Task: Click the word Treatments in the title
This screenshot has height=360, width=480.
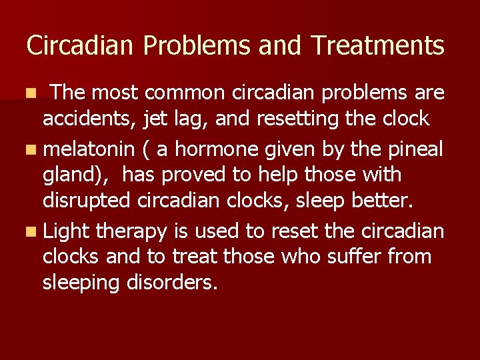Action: tap(378, 46)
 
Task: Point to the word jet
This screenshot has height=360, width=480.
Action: tap(159, 119)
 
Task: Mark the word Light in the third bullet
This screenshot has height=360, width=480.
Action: tap(68, 231)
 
